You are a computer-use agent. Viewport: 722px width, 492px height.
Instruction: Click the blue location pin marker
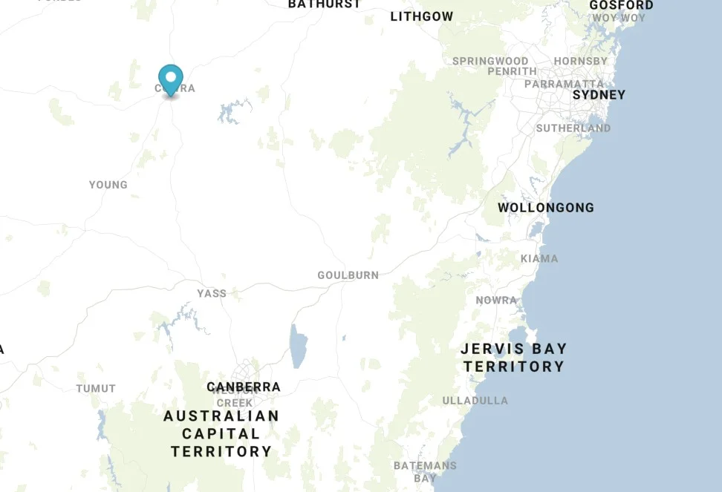(171, 79)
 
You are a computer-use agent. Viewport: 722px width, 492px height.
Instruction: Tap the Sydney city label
(599, 95)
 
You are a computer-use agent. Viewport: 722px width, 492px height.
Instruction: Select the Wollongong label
(546, 208)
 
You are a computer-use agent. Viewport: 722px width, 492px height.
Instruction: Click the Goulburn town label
(348, 275)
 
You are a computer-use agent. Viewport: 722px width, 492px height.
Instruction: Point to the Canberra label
(244, 387)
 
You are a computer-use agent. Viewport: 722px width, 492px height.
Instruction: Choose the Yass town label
(212, 294)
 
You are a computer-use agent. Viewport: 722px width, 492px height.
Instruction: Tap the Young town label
(108, 185)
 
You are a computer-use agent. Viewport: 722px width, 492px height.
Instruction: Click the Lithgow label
(422, 16)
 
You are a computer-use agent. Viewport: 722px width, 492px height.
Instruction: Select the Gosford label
(621, 5)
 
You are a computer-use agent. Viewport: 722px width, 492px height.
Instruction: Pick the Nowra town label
(496, 301)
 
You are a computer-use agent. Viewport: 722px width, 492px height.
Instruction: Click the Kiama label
(539, 259)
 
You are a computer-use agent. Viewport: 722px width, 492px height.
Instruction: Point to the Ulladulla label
(475, 401)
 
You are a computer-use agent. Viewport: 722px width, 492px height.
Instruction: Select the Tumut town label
(96, 389)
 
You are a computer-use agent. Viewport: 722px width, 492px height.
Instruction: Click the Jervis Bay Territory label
(513, 358)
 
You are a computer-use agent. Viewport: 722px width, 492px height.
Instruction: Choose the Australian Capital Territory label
(221, 434)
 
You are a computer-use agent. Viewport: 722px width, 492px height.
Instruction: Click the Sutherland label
(573, 128)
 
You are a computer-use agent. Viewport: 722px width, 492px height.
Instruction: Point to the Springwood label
(490, 61)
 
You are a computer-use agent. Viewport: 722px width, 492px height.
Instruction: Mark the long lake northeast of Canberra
(299, 347)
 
